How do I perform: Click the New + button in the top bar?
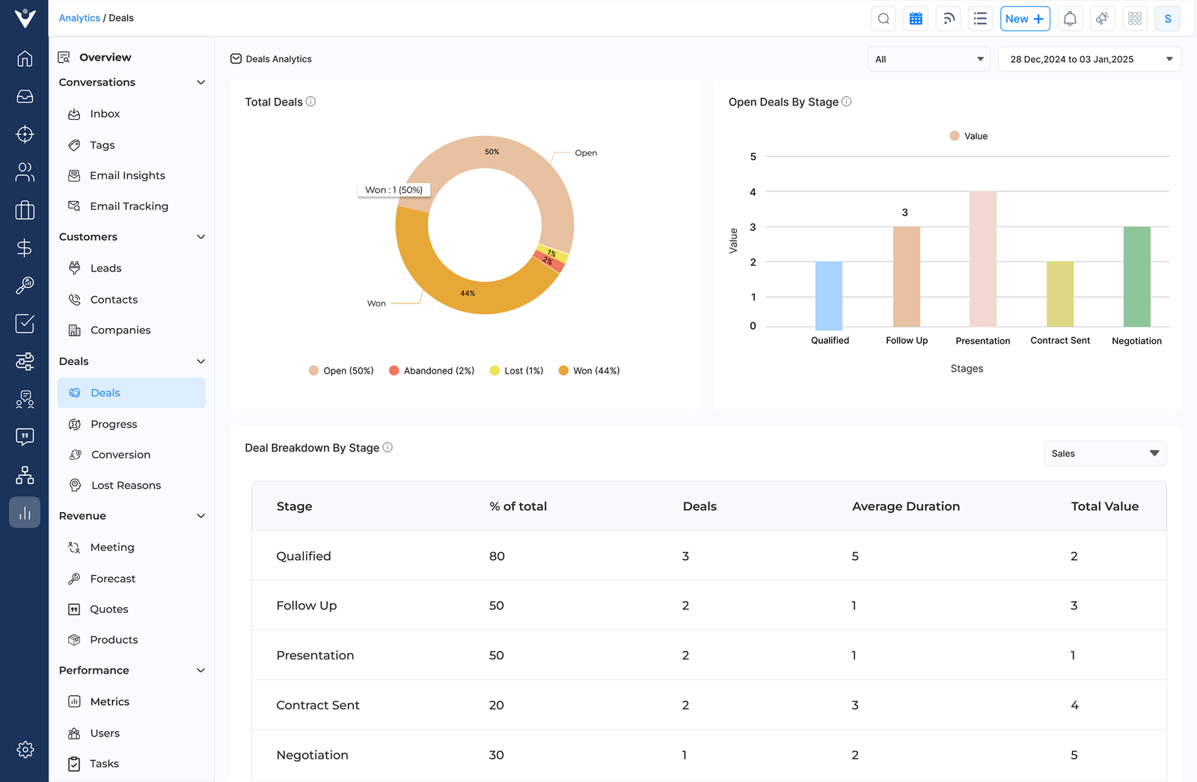[x=1024, y=19]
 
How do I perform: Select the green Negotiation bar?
[x=1136, y=276]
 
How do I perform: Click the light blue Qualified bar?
[x=828, y=295]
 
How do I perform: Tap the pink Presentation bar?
[x=982, y=259]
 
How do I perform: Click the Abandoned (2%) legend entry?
[x=432, y=371]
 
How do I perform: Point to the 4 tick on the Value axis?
[x=753, y=192]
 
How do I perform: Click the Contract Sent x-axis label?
[x=1059, y=341]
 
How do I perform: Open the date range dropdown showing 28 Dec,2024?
[x=1089, y=59]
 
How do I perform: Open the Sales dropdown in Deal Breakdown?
[x=1104, y=454]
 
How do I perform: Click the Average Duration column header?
[x=905, y=506]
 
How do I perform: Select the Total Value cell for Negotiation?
[x=1074, y=755]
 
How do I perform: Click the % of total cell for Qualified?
[x=497, y=556]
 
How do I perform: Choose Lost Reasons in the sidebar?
[x=126, y=485]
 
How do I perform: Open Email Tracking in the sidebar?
[x=129, y=206]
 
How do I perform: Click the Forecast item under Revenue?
[x=112, y=579]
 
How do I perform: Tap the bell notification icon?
[x=1070, y=19]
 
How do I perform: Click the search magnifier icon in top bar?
[x=884, y=19]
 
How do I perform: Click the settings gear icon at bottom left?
[x=25, y=750]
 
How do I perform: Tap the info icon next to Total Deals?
[x=311, y=102]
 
